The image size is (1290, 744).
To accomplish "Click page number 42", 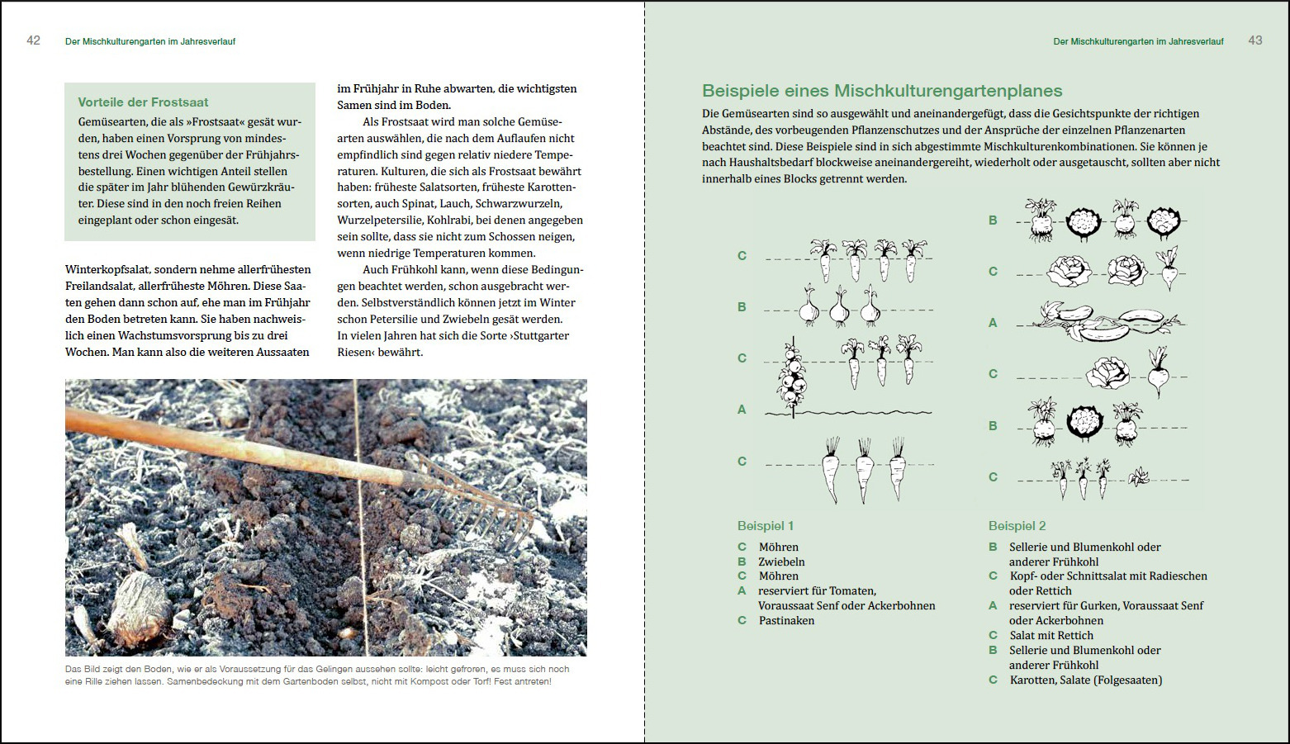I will coord(33,40).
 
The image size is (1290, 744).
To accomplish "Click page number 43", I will coord(1254,40).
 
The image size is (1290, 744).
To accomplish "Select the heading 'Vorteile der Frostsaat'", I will coord(143,102).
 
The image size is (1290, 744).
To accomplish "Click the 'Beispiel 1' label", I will coord(765,526).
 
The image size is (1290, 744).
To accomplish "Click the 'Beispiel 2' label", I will coord(1017,526).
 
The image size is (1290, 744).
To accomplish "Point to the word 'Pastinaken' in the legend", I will coord(786,621).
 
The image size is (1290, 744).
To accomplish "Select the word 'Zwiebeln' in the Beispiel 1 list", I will coord(781,562).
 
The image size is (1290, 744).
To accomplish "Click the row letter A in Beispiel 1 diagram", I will coord(742,410).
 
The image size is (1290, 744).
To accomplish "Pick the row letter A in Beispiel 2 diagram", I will coord(993,323).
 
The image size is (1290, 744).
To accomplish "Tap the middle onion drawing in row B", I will coord(839,308).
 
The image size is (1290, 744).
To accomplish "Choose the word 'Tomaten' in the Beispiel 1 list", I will coord(852,591).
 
